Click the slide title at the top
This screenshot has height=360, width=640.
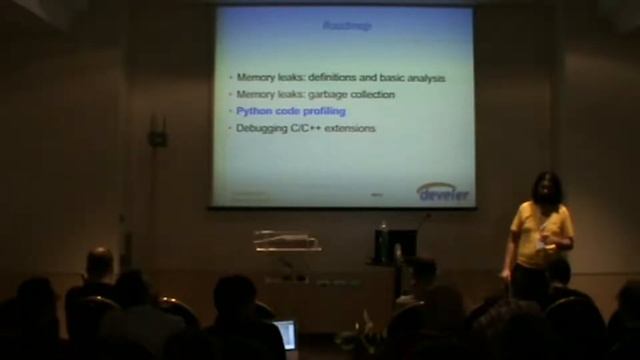coord(348,25)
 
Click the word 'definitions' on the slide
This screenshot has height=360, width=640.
coord(340,77)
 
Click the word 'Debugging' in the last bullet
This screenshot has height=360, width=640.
coord(263,128)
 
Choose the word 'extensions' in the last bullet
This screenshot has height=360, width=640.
coord(355,128)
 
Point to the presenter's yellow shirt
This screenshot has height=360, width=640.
coord(541,234)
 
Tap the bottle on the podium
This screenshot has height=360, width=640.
coord(383,241)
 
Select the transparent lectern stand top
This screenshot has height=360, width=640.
coord(286,240)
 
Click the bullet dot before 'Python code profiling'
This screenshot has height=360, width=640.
coord(229,111)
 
